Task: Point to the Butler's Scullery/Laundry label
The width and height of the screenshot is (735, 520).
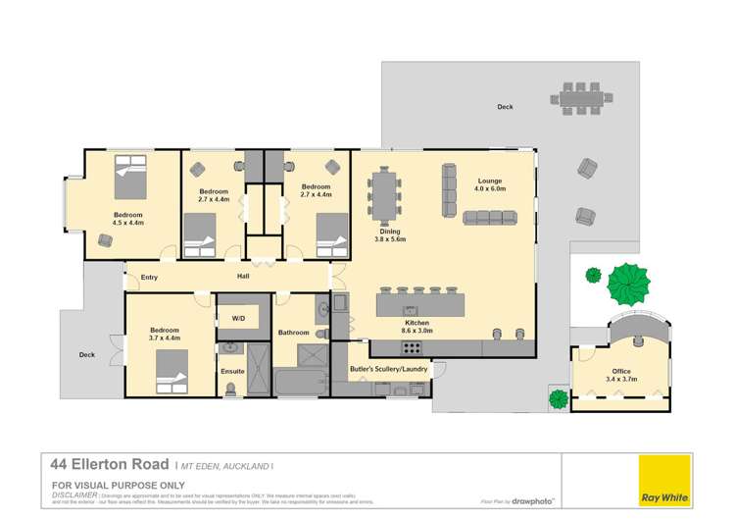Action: [387, 370]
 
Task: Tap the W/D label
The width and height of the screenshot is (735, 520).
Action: [239, 319]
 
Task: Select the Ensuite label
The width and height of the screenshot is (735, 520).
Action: [232, 372]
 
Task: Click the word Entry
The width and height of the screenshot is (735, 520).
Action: [149, 278]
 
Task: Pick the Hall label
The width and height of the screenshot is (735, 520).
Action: [243, 278]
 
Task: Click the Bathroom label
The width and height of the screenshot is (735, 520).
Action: [294, 333]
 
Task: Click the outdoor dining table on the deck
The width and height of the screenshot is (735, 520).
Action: [588, 98]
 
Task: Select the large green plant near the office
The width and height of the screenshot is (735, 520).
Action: [628, 286]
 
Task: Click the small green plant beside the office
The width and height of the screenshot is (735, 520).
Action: [559, 399]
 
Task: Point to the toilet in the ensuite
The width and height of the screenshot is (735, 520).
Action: [230, 390]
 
